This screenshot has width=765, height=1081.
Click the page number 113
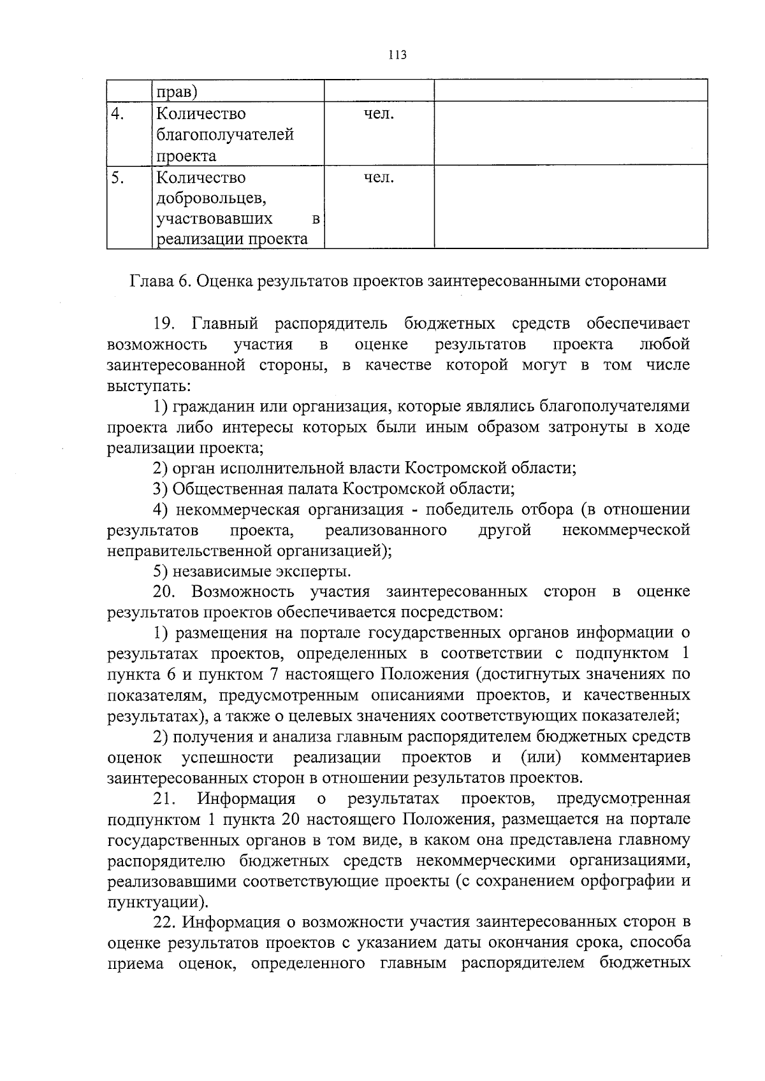(x=397, y=55)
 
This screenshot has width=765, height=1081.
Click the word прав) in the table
(x=177, y=92)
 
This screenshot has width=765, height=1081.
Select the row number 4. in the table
(x=117, y=114)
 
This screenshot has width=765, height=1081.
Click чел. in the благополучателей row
(x=379, y=114)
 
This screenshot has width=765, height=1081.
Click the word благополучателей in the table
(x=225, y=135)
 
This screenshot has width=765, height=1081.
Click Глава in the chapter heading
(x=151, y=281)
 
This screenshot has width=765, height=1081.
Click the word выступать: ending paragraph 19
(x=148, y=386)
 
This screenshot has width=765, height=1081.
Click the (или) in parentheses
(x=541, y=757)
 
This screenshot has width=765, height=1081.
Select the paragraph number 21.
(x=166, y=799)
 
